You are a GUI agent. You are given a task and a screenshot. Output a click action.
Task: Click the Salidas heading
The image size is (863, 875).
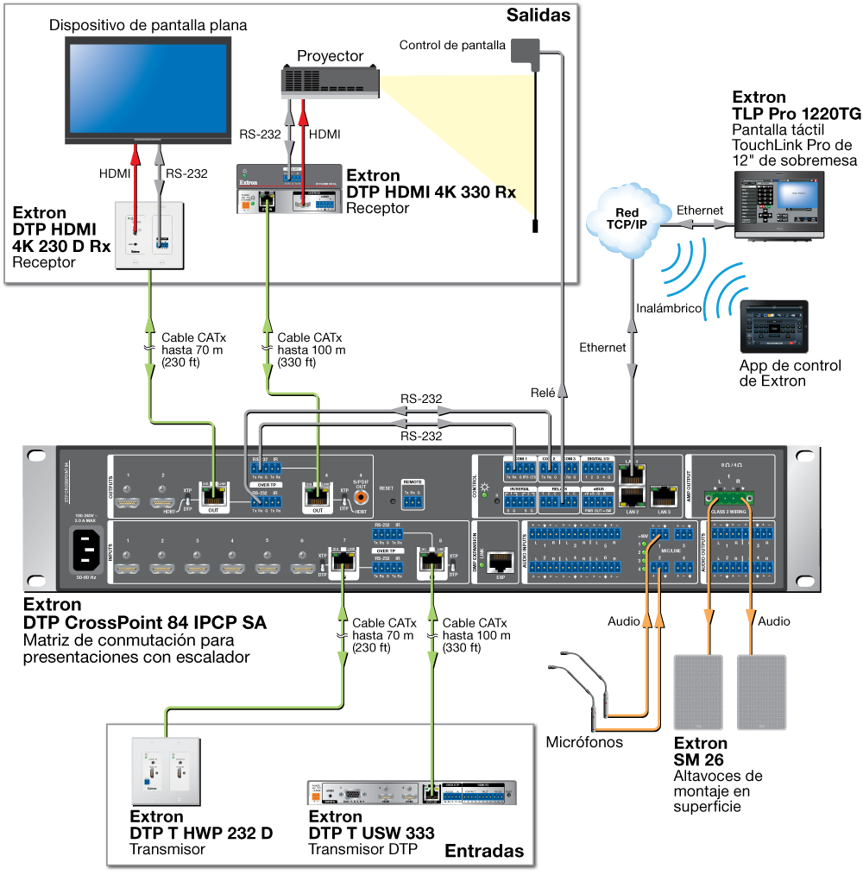click(539, 15)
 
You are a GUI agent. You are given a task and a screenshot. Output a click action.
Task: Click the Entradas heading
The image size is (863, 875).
click(483, 851)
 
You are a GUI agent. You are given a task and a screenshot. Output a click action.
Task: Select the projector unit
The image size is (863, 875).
click(331, 82)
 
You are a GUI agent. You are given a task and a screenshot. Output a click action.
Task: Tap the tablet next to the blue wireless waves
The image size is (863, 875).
click(774, 326)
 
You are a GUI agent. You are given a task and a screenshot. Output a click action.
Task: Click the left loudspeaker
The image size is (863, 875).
click(697, 692)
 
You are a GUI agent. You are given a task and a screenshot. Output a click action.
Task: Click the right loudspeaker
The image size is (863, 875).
click(761, 692)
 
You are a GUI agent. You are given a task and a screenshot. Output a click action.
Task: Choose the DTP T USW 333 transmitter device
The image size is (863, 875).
click(412, 793)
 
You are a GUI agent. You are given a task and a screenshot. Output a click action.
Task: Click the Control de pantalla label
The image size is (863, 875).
click(452, 45)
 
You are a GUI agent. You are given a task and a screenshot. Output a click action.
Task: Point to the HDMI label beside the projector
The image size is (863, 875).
click(324, 135)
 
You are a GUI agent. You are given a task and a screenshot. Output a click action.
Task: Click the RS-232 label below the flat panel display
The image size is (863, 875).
click(186, 173)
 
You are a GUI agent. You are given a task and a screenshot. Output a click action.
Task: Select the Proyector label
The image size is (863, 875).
click(331, 56)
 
